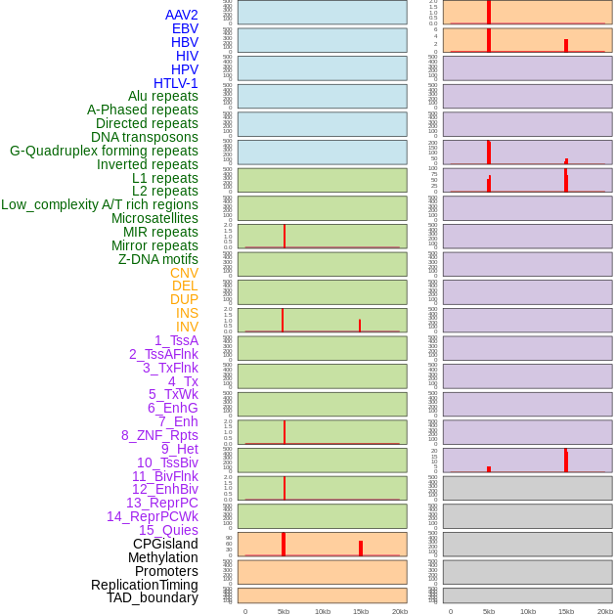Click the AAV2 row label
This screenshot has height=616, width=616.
point(182,15)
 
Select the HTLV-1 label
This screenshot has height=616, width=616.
point(176,83)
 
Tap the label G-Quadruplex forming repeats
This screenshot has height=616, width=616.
point(104,151)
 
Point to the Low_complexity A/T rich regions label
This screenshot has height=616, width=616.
point(100,204)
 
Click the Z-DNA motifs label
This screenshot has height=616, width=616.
point(158,259)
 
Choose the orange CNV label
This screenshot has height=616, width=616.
point(184,273)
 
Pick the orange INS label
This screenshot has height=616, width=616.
point(187,313)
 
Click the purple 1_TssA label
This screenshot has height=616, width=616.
point(176,340)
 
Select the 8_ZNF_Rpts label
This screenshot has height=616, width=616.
point(159,435)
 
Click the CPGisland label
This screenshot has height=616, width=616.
point(165,544)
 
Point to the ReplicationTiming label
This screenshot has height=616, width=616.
point(145,585)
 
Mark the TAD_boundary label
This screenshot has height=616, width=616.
point(153,597)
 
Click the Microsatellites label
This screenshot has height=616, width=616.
point(154,218)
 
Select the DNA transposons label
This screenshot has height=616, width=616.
point(145,137)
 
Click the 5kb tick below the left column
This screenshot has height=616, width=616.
point(284,611)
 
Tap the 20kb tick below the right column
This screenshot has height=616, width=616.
point(605,611)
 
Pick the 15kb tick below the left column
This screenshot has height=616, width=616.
point(361,611)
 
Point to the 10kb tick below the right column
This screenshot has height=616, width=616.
point(528,611)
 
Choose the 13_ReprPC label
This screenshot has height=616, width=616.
point(161,503)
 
